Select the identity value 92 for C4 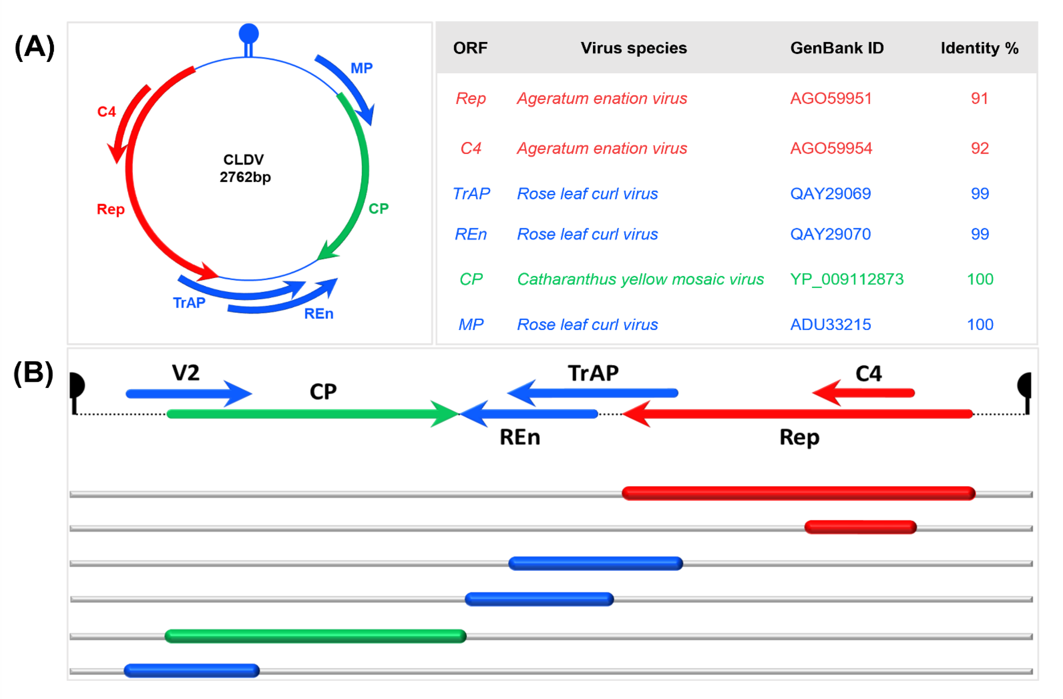[x=979, y=148]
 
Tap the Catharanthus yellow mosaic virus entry [x=640, y=279]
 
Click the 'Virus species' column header [x=633, y=48]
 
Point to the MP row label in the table [x=471, y=324]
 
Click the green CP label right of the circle [x=378, y=209]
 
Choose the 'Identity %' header [x=979, y=48]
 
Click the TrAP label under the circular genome [x=189, y=303]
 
